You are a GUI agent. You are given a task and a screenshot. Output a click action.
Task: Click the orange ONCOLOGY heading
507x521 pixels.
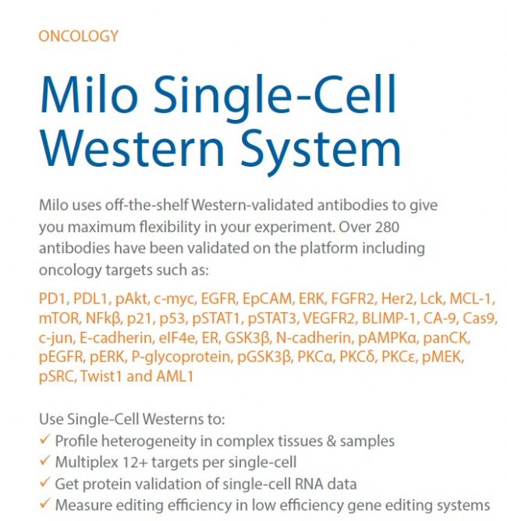click(78, 37)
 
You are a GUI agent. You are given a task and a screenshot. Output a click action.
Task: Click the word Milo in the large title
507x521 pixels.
click(89, 95)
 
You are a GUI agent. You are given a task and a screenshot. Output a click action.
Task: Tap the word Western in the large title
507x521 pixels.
click(132, 147)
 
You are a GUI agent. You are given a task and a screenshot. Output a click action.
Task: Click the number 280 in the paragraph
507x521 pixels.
click(387, 227)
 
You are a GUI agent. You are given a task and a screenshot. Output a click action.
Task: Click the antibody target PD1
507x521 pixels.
click(51, 298)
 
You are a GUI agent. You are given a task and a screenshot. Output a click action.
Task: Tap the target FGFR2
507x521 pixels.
click(353, 298)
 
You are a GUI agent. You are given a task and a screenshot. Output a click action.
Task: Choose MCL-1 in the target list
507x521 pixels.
click(470, 298)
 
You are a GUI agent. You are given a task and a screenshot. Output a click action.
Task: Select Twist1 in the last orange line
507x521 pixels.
click(100, 376)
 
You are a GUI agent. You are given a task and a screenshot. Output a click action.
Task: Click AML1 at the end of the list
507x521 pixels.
click(175, 376)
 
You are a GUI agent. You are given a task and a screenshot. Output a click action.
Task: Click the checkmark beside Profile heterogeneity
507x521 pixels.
click(45, 439)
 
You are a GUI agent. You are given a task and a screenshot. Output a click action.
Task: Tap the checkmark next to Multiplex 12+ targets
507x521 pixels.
click(45, 461)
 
